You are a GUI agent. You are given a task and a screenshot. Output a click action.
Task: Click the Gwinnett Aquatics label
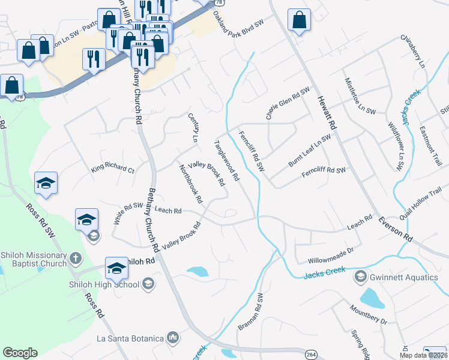pos(405,277)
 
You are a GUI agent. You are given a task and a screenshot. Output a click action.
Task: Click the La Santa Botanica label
pos(130,338)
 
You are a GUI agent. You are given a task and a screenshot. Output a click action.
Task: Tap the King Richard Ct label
pos(113,166)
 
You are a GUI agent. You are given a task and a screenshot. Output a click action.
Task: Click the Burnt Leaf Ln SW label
pos(310,151)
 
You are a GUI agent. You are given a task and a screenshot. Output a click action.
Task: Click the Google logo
pos(20,352)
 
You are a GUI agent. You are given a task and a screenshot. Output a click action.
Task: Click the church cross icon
pos(75,259)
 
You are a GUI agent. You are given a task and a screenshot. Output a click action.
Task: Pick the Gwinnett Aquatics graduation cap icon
pos(360,277)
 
